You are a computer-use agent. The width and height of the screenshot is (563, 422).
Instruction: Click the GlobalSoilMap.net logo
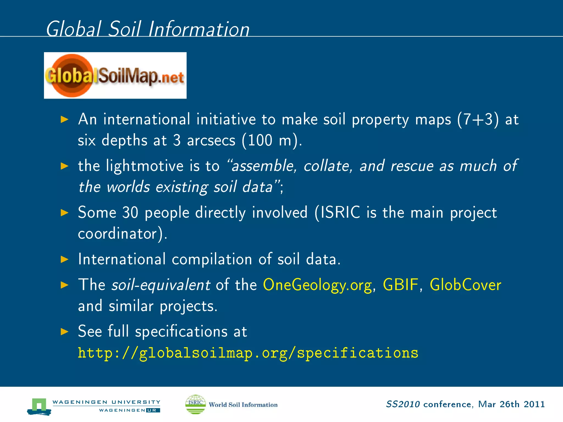point(115,76)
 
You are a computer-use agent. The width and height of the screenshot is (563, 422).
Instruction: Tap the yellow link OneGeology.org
point(318,285)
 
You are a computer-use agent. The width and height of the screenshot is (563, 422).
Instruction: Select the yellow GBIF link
point(400,285)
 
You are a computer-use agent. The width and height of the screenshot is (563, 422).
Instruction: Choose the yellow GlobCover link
point(465,285)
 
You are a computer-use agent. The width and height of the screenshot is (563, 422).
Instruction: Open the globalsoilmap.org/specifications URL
point(248,353)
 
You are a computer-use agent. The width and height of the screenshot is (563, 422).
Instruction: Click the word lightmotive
point(145,166)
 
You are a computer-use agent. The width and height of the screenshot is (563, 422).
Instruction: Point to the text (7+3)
point(478,120)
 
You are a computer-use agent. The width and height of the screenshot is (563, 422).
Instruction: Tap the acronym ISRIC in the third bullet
point(340,212)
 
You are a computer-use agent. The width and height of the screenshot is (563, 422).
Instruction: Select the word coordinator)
point(123,234)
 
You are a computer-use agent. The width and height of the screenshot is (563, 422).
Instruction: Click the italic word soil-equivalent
point(161,285)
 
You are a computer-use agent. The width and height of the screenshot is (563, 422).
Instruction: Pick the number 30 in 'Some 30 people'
point(130,212)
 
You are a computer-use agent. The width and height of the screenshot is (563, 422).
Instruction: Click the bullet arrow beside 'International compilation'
point(65,259)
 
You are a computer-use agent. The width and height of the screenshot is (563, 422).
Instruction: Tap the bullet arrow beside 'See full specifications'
point(65,332)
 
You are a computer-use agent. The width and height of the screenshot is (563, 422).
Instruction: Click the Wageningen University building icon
point(39,406)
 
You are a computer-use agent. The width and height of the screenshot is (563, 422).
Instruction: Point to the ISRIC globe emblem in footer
point(195,404)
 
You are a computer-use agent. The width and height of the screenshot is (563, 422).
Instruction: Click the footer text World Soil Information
point(243,405)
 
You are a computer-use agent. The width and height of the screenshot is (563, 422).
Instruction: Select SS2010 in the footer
point(403,404)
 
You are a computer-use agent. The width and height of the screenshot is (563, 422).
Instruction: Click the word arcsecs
point(211,141)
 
